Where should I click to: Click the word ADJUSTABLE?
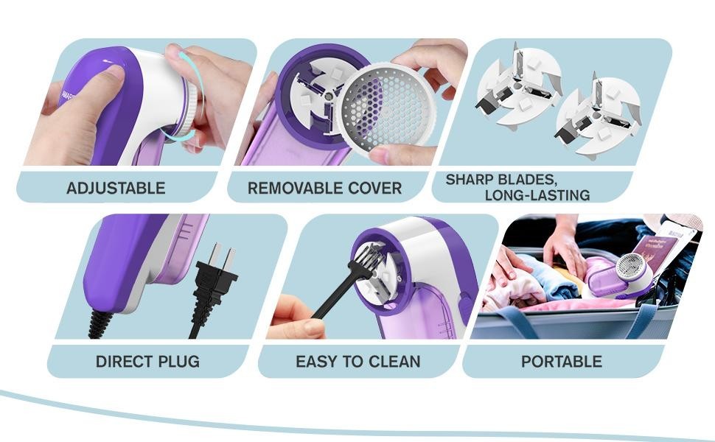116,188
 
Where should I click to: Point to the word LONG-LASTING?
537,195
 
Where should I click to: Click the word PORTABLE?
561,362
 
